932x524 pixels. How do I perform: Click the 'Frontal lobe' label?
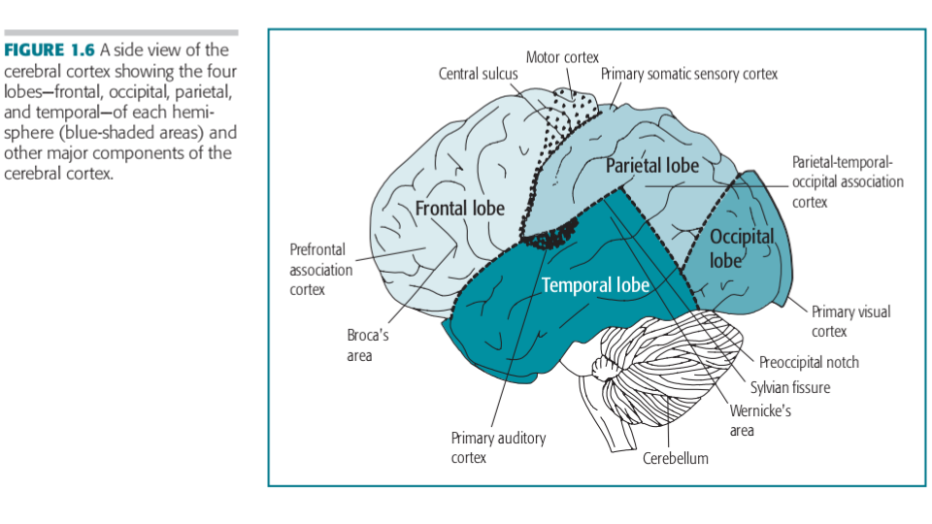pyautogui.click(x=460, y=209)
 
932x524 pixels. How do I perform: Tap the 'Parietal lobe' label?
pyautogui.click(x=652, y=166)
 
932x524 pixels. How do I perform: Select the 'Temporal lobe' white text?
pyautogui.click(x=595, y=285)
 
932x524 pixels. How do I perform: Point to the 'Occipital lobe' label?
pyautogui.click(x=742, y=248)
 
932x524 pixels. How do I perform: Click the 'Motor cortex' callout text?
pyautogui.click(x=562, y=57)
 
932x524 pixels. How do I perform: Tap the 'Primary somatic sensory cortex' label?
pyautogui.click(x=689, y=74)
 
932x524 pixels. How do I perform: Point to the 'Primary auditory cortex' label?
pyautogui.click(x=498, y=447)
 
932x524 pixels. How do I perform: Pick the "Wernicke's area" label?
pyautogui.click(x=760, y=420)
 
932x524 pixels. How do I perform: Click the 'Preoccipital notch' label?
pyautogui.click(x=809, y=363)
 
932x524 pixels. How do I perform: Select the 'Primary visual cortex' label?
pyautogui.click(x=850, y=321)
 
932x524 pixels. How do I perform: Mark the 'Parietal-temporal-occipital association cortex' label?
pyautogui.click(x=847, y=181)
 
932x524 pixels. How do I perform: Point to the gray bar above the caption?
pyautogui.click(x=121, y=33)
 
